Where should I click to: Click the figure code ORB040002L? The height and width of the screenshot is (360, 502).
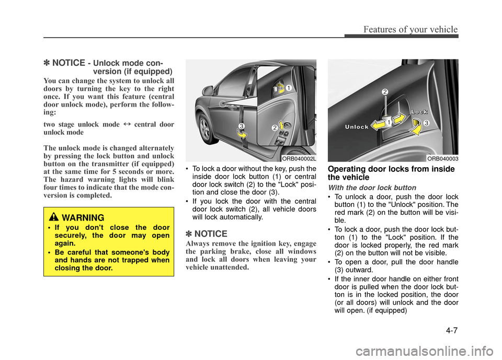[x=299, y=158]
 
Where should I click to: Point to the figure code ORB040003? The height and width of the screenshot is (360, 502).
[x=442, y=158]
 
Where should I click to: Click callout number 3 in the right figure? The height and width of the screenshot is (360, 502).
[x=426, y=122]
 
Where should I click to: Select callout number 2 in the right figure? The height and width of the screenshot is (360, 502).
[x=385, y=92]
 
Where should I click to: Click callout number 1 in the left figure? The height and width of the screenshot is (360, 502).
[x=288, y=89]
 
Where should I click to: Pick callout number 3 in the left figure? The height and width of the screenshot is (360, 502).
[x=242, y=126]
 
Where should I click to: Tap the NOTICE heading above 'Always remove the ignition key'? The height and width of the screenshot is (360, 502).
[x=207, y=234]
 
